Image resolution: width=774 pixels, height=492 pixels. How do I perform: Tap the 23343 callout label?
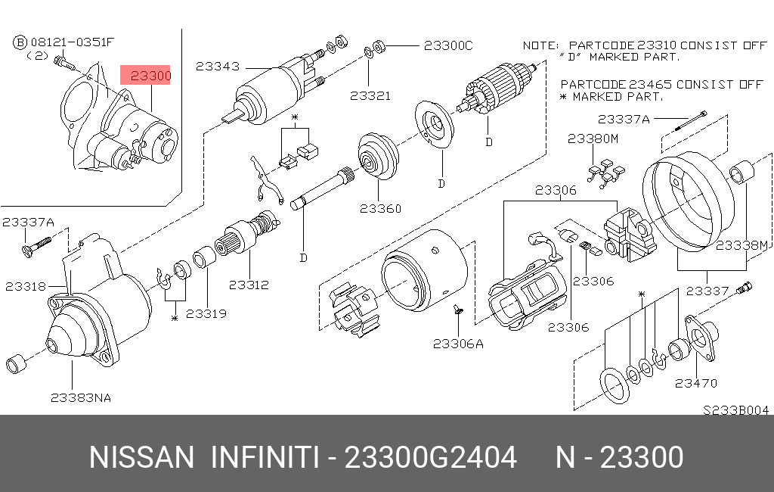(x=217, y=66)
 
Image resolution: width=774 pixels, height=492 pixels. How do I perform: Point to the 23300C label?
(x=447, y=45)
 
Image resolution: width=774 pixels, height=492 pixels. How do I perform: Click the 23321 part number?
(x=370, y=96)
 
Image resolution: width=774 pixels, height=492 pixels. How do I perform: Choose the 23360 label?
(x=380, y=209)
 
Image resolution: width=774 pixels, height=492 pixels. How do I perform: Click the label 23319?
(x=206, y=313)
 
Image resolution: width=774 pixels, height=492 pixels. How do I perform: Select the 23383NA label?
(x=81, y=397)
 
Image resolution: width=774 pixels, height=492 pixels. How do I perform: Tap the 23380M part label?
(x=593, y=139)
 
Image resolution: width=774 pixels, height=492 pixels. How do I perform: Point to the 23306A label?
(x=458, y=343)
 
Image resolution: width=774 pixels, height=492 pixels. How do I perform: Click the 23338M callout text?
(x=741, y=245)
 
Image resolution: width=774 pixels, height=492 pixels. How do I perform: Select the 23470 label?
(x=696, y=383)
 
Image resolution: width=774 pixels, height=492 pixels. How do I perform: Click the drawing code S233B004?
(x=735, y=409)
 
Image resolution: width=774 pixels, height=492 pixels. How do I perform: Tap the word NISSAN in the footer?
(x=141, y=458)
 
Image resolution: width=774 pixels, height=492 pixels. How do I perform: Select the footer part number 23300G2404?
(x=431, y=458)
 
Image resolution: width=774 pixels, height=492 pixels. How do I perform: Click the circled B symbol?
(x=20, y=42)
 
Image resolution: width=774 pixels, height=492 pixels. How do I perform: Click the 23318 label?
(x=26, y=286)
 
